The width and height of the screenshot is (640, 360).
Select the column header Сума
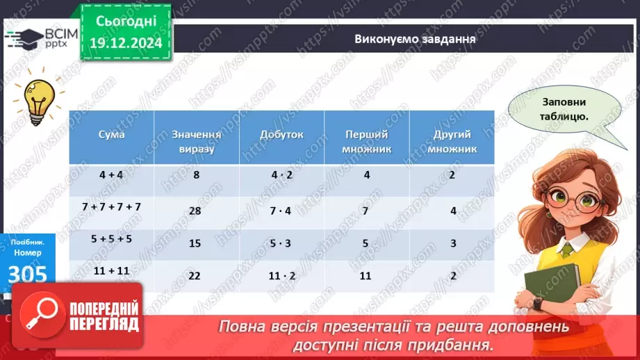[111, 135]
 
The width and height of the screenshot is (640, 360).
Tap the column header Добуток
[281, 135]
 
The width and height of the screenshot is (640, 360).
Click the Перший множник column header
[367, 141]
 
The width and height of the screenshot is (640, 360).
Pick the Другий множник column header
[452, 141]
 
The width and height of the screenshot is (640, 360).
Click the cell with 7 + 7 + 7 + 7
[111, 206]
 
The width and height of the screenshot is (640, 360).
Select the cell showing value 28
[195, 211]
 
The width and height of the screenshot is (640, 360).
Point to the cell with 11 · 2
[281, 275]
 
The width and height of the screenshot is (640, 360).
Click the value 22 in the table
[195, 275]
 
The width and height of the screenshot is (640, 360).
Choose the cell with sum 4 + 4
[111, 174]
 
